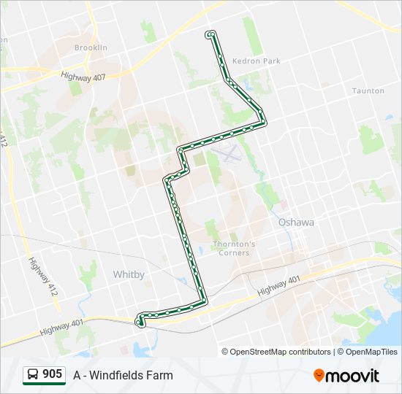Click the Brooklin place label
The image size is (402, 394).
pyautogui.click(x=91, y=47)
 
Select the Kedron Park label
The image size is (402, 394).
pyautogui.click(x=256, y=61)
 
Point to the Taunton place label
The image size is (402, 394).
pyautogui.click(x=368, y=91)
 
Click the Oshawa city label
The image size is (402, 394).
pyautogui.click(x=295, y=222)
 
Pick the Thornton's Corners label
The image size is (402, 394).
pyautogui.click(x=234, y=248)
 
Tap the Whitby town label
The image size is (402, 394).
pyautogui.click(x=129, y=274)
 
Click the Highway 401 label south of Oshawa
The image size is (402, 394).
pyautogui.click(x=279, y=285)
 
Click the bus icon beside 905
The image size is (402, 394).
pyautogui.click(x=33, y=375)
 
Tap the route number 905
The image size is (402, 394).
pyautogui.click(x=53, y=374)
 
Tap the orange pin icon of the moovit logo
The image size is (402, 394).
pyautogui.click(x=319, y=376)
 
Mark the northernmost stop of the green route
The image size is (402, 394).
pyautogui.click(x=211, y=34)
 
